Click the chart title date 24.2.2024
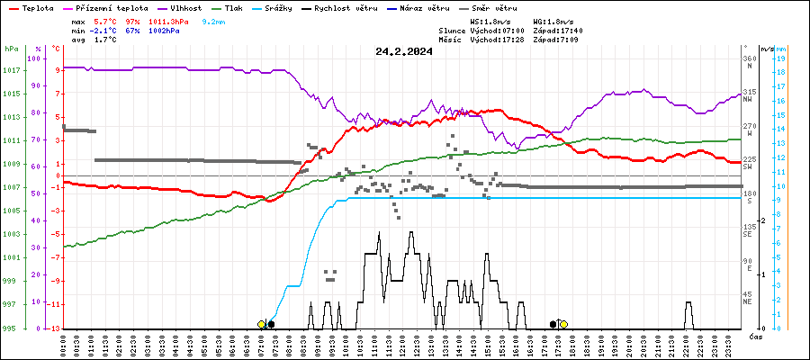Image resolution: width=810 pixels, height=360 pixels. [x=404, y=51]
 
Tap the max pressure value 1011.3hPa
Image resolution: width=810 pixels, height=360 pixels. [x=175, y=20]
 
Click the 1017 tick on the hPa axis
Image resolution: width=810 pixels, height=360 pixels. [x=12, y=71]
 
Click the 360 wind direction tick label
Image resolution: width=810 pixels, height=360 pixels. [x=749, y=59]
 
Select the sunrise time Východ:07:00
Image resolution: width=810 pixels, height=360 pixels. [x=497, y=30]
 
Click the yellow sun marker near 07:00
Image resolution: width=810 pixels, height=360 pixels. [x=261, y=324]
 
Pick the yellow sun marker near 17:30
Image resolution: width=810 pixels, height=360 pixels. [x=563, y=324]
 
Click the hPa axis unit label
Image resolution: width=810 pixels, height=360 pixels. [x=11, y=49]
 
